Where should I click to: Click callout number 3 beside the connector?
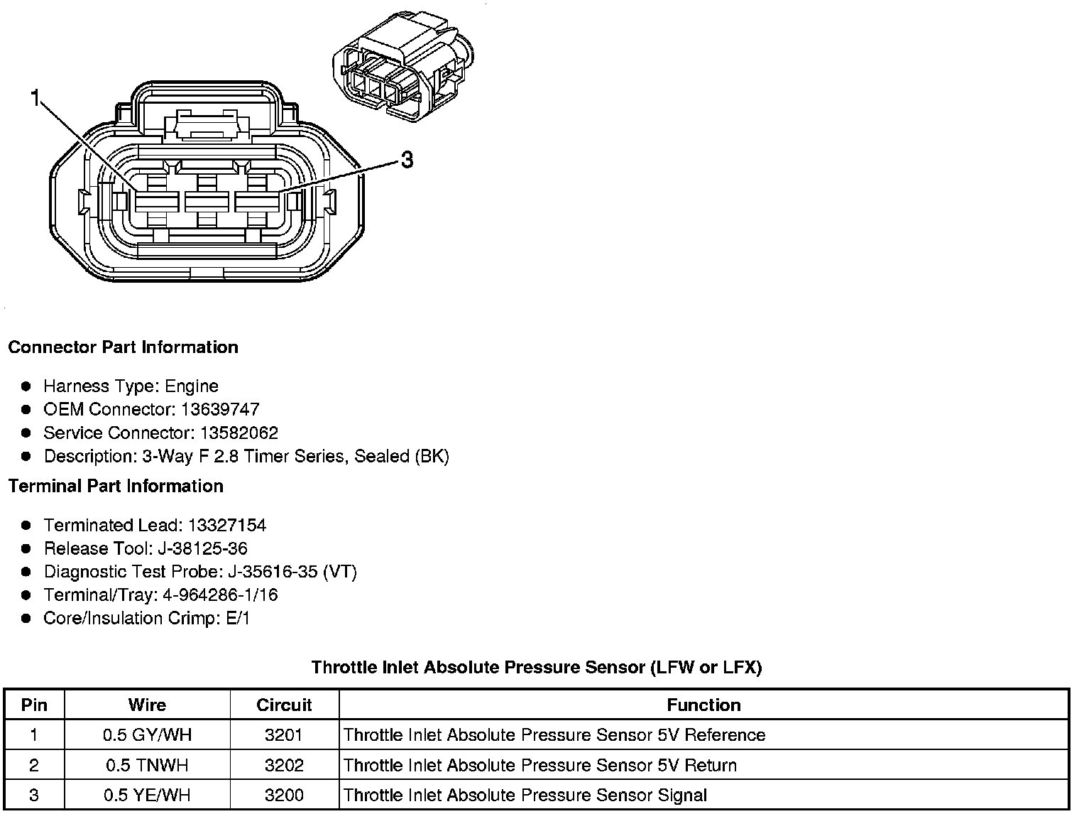(407, 160)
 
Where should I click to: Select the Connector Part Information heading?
(123, 347)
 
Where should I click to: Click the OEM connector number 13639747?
(220, 410)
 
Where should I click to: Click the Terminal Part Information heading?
(116, 487)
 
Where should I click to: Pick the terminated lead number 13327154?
(227, 526)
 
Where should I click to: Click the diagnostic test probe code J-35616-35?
(273, 572)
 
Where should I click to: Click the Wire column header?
(147, 705)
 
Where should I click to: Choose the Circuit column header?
(284, 705)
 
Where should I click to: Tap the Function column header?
(703, 705)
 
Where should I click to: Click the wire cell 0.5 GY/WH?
(147, 735)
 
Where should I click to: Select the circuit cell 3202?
(284, 766)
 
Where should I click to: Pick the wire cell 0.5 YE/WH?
(147, 796)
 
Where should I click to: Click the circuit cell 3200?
(284, 796)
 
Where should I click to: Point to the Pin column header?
(34, 705)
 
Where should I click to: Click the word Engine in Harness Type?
(192, 387)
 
